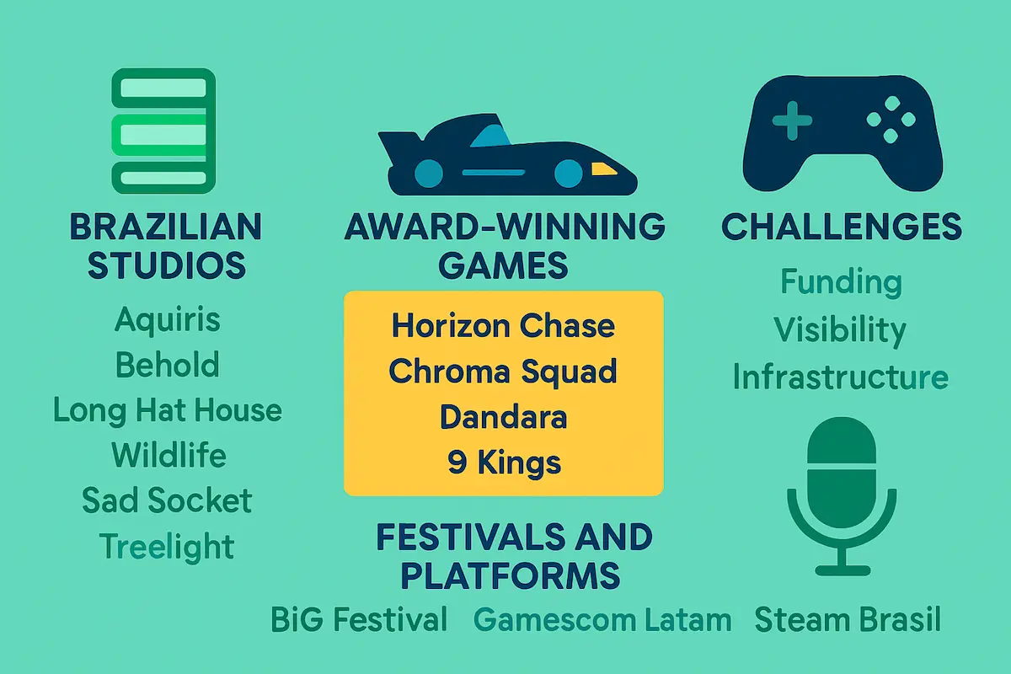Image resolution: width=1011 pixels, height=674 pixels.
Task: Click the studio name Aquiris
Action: coord(167,320)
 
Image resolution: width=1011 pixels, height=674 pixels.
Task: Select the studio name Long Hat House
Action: coord(167,410)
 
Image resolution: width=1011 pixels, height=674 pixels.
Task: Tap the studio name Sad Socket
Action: coord(167,500)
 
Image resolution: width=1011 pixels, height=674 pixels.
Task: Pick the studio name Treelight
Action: coord(167,546)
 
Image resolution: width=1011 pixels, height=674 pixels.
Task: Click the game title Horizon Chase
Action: coord(503,326)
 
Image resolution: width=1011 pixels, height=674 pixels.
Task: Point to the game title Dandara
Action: coord(503,417)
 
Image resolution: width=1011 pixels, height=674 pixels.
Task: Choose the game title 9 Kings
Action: coord(503,463)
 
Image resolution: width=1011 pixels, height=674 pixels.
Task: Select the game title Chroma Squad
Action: coord(503,372)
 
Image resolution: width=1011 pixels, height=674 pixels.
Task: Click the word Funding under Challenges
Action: coord(840,282)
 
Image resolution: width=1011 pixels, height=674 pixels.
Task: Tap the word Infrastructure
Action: coord(840,377)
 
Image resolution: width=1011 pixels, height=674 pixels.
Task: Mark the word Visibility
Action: coord(840,330)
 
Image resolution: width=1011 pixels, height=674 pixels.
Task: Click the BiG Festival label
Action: coord(359,621)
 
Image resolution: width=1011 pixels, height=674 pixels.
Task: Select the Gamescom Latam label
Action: coord(602,621)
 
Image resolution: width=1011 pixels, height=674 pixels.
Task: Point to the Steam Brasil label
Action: coord(847,621)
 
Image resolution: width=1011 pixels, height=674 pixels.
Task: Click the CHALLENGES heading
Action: coord(842,227)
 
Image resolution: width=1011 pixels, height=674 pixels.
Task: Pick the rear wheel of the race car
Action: coord(429,173)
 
